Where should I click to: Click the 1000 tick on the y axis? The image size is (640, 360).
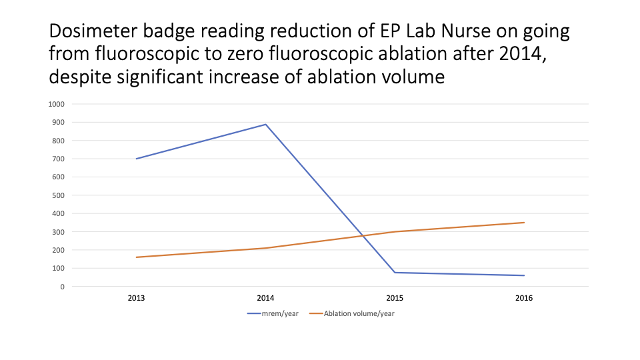pos(56,104)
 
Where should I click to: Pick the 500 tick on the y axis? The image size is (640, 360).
pos(58,195)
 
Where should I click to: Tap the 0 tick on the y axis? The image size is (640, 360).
pos(62,287)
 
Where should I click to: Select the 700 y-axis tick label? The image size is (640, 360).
pos(58,159)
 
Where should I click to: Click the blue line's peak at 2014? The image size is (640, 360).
pos(266,125)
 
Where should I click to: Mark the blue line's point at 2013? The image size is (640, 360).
pos(137,159)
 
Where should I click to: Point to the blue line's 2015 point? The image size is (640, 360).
pos(395,273)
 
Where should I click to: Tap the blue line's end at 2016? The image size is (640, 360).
pos(524,275)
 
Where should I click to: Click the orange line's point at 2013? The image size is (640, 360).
pos(137,257)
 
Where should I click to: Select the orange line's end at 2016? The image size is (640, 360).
pos(524,223)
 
